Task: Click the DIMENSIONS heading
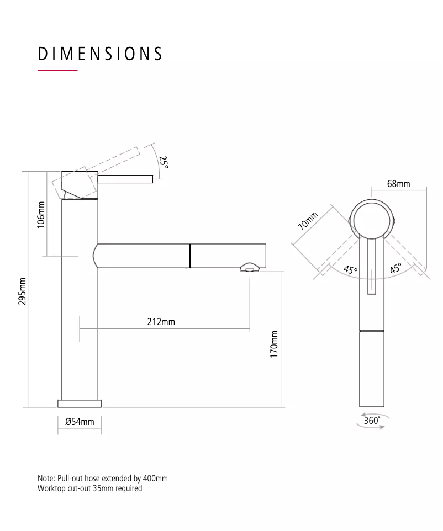tap(100, 54)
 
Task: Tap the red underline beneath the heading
tap(57, 71)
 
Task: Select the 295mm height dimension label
tap(23, 291)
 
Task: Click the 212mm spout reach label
tap(161, 321)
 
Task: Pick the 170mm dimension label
tap(274, 344)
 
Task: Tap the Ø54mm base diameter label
tap(80, 422)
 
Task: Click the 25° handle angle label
tap(164, 162)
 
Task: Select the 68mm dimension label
tap(398, 183)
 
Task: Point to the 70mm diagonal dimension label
tap(308, 222)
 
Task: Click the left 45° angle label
tap(350, 270)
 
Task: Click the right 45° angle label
tap(395, 269)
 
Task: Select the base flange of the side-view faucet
tap(80, 403)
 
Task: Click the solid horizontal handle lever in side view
tap(125, 178)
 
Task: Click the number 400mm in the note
tap(155, 479)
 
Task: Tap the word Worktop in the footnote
tap(51, 488)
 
